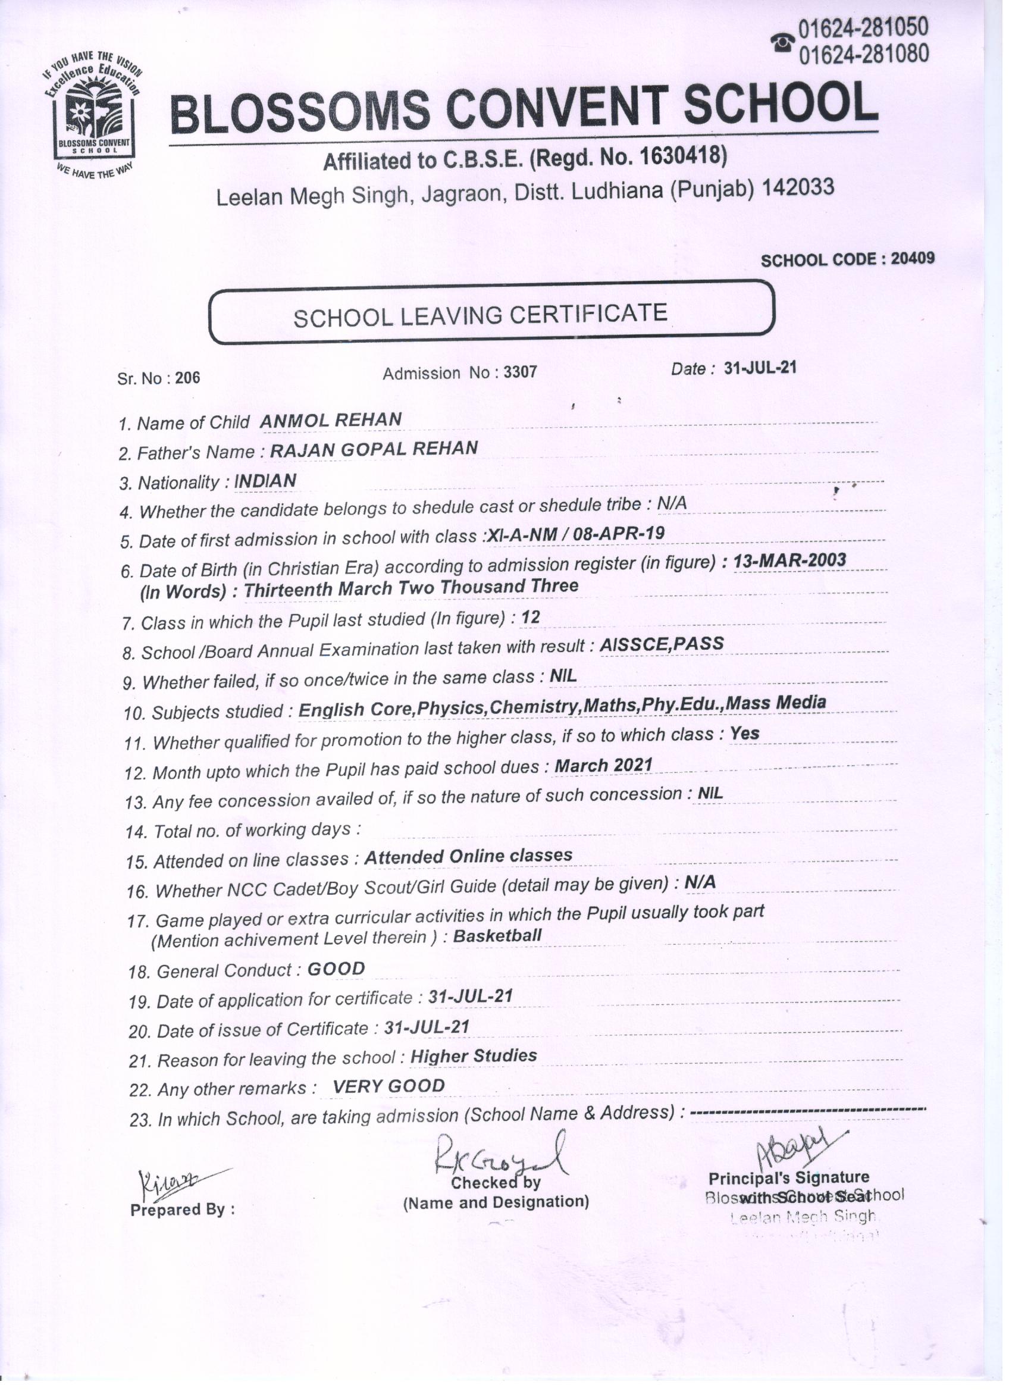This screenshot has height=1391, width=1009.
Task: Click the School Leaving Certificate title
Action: (x=480, y=315)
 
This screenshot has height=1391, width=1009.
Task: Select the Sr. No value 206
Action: (x=187, y=378)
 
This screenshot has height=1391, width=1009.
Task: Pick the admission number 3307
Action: (x=519, y=372)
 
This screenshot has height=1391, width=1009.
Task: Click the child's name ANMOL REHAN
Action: (x=331, y=420)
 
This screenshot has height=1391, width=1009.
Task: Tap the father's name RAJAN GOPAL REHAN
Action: (x=374, y=449)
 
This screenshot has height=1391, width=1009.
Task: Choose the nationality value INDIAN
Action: (x=265, y=481)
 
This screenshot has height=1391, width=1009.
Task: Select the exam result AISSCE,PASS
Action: (x=662, y=644)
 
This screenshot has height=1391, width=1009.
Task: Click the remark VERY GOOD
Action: (x=388, y=1086)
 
